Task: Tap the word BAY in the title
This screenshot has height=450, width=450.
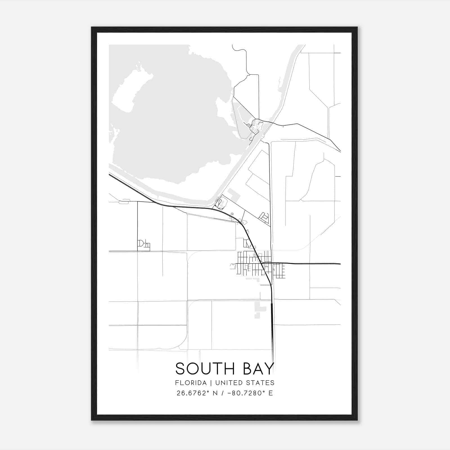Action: coord(258,369)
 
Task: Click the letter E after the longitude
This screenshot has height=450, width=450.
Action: coord(271,393)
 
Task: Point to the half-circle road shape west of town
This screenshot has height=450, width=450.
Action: coord(140,243)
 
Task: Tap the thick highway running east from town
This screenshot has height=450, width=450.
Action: coord(309,264)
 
